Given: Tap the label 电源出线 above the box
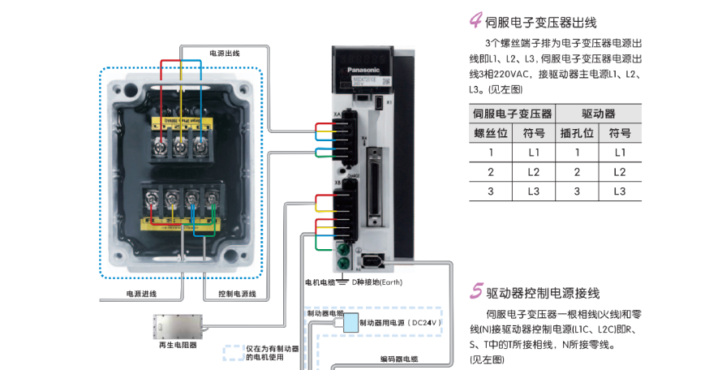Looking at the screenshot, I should click(x=224, y=54).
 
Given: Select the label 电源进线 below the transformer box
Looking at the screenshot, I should click(x=141, y=293).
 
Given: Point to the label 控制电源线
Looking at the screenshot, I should click(x=237, y=293).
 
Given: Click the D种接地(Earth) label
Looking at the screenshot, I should click(x=374, y=282).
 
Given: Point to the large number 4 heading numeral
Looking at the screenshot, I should click(x=475, y=21).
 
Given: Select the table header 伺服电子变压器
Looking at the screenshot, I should click(x=512, y=114).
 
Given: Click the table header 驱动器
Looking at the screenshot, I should click(x=598, y=114).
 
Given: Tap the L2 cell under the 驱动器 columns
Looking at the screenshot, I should click(x=619, y=172).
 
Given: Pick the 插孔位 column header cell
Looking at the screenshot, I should click(x=577, y=133).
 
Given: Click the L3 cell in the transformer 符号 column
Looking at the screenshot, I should click(x=533, y=191).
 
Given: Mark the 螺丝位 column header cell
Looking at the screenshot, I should click(x=490, y=133).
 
